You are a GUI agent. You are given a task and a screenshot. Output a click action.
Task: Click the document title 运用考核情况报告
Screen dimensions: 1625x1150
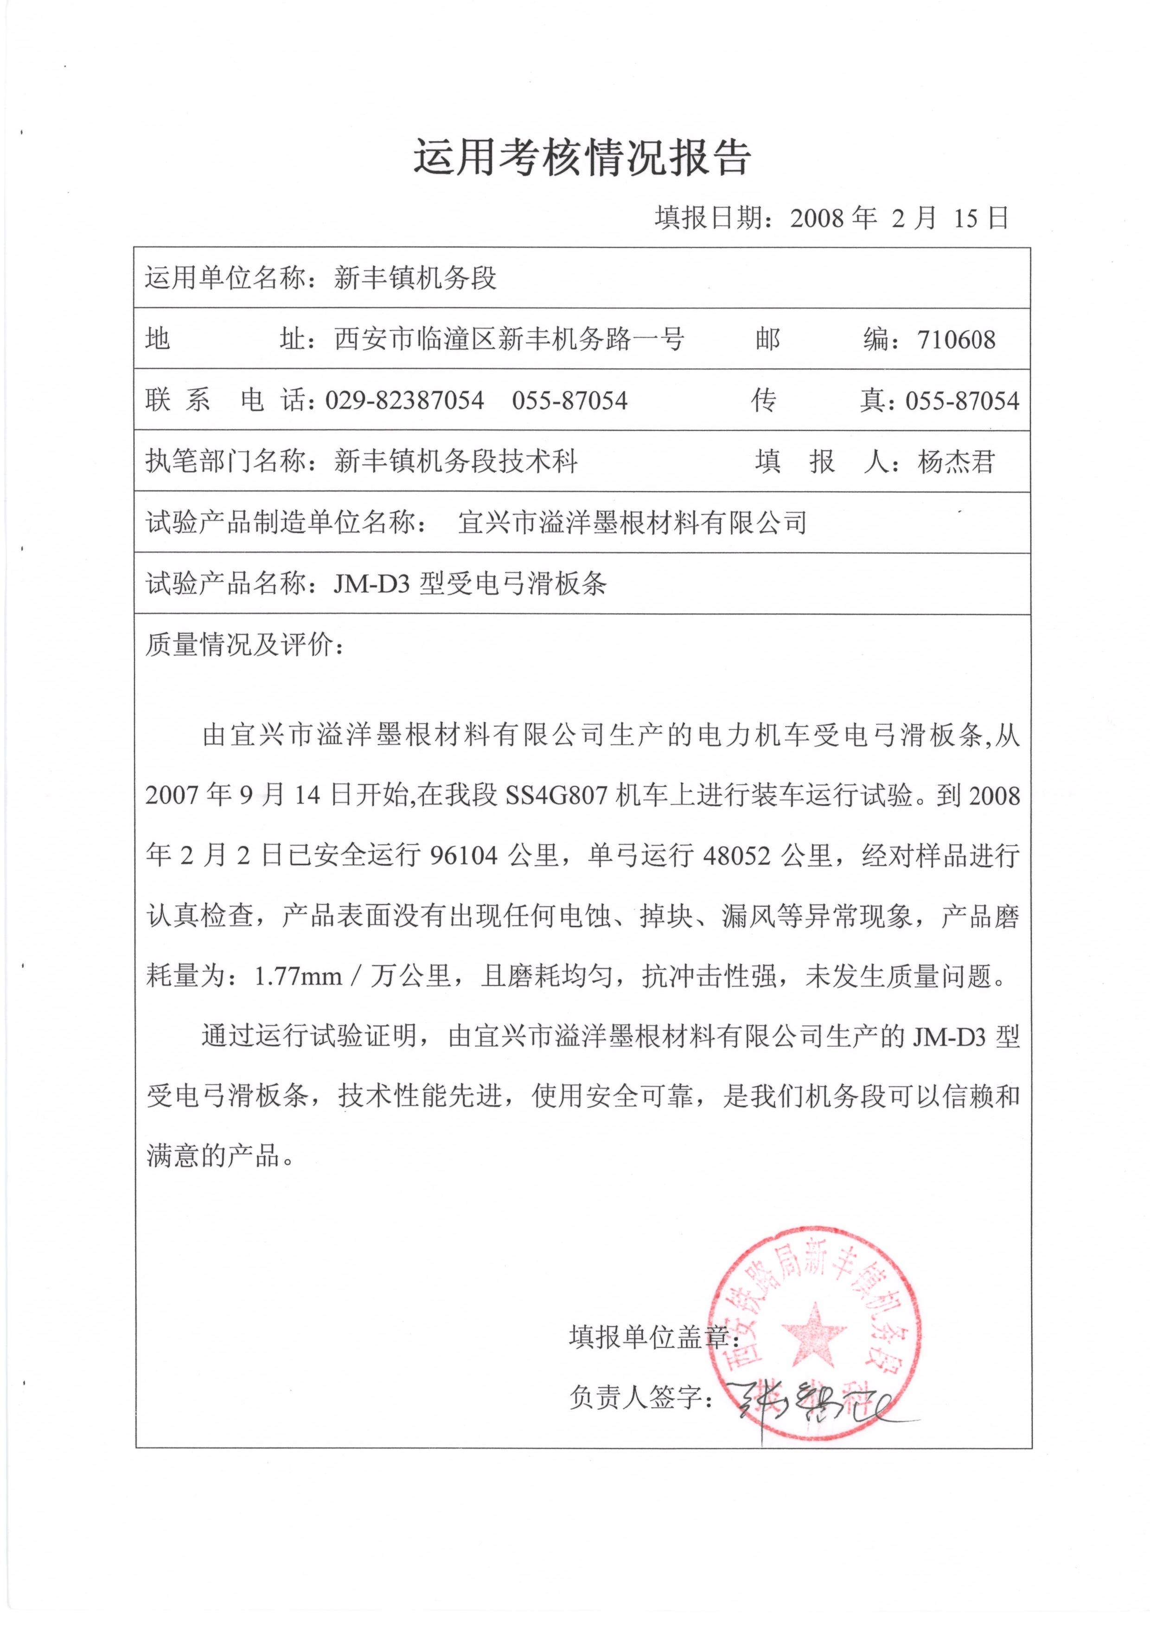(x=581, y=157)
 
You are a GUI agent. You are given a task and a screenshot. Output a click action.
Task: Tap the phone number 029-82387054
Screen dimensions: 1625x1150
(x=404, y=401)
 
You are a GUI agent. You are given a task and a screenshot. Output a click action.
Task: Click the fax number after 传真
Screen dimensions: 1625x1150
(x=962, y=401)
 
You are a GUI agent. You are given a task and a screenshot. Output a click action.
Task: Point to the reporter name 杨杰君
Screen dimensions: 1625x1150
(x=956, y=462)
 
